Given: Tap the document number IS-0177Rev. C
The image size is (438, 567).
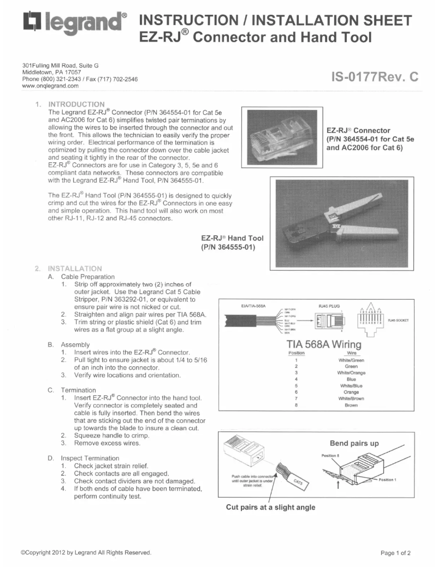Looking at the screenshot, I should pyautogui.click(x=375, y=77).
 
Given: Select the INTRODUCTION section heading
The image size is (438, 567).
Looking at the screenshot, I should pyautogui.click(x=76, y=104).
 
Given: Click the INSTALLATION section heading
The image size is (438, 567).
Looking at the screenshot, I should pyautogui.click(x=75, y=268).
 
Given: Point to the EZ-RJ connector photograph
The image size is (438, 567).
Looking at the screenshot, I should pyautogui.click(x=282, y=133).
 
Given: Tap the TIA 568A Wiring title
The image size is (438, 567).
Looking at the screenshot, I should pyautogui.click(x=327, y=346).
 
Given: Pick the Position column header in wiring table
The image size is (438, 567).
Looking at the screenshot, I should pyautogui.click(x=295, y=353).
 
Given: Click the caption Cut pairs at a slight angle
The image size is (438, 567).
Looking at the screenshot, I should pyautogui.click(x=271, y=507).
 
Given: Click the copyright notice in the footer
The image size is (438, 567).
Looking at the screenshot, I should pyautogui.click(x=86, y=552).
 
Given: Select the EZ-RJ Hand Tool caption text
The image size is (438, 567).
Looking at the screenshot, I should pyautogui.click(x=232, y=242).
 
